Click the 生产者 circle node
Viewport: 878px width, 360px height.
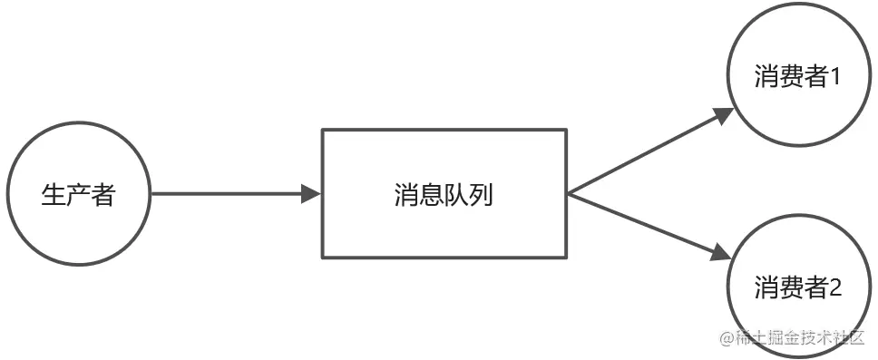point(79,193)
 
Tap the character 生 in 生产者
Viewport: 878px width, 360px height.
point(54,194)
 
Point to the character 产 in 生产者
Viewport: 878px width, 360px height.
point(79,194)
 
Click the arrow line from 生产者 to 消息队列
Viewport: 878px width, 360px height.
point(227,193)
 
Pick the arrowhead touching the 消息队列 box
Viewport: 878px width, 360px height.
point(311,193)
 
